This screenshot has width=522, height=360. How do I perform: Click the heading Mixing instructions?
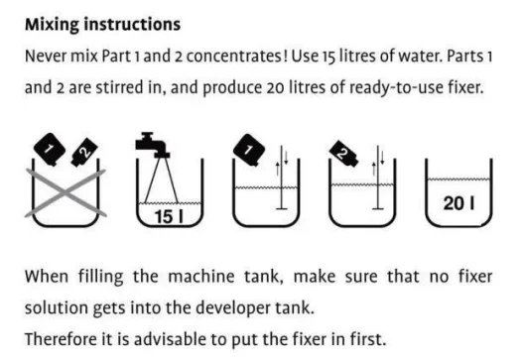(x=103, y=25)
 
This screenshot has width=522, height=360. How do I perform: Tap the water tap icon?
(x=153, y=145)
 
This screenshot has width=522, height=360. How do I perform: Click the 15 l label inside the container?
(x=169, y=216)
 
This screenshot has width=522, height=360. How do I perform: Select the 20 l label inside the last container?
(x=458, y=203)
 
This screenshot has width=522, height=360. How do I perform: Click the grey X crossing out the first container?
(x=65, y=193)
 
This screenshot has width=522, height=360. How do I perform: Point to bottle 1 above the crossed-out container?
(x=50, y=149)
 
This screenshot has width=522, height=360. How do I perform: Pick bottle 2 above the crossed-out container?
(x=84, y=153)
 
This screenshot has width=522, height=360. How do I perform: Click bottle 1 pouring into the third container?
(x=249, y=150)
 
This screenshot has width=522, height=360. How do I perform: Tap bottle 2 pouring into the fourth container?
(x=344, y=153)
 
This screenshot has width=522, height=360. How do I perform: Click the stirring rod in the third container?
(x=282, y=178)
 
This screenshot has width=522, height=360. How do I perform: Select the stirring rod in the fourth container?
(x=378, y=178)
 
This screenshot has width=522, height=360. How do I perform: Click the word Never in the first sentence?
(x=46, y=57)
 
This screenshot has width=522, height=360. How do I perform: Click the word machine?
(x=201, y=277)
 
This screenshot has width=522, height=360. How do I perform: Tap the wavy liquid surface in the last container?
(x=458, y=180)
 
